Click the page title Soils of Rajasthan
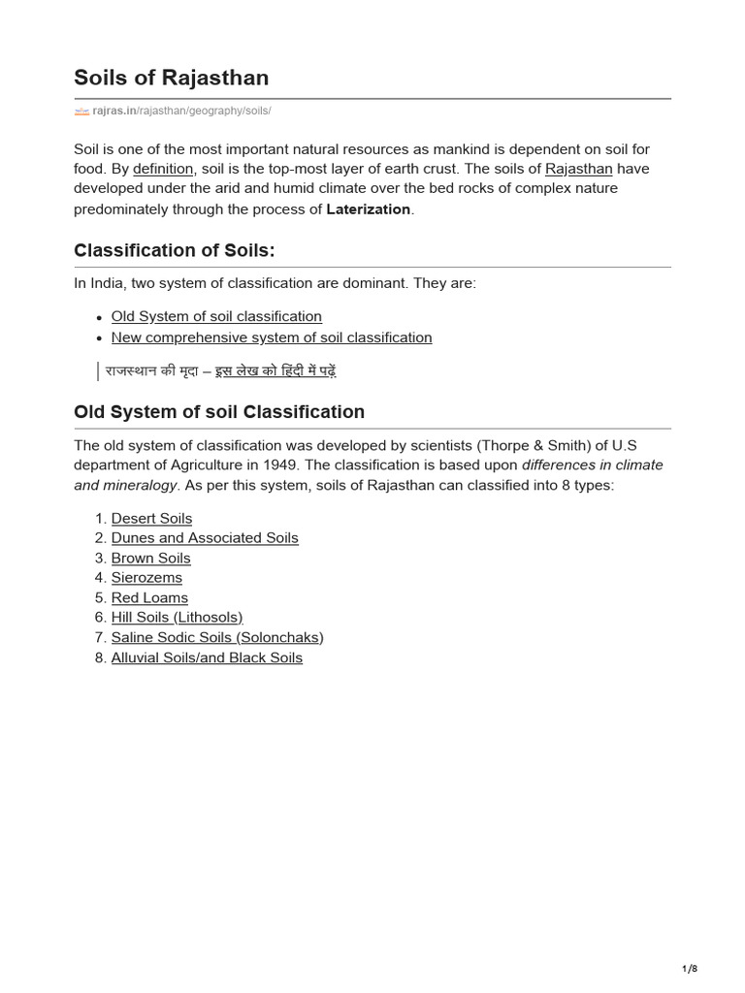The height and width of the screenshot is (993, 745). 172,78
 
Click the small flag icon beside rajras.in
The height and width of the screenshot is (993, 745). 81,112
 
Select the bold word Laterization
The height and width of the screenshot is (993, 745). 369,209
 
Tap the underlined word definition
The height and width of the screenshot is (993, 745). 164,169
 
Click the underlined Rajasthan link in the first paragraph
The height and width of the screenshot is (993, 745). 579,169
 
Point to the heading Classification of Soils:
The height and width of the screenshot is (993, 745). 175,250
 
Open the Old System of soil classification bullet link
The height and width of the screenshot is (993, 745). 216,316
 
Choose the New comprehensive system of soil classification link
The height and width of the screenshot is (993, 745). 272,337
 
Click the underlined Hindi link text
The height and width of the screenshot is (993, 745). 275,370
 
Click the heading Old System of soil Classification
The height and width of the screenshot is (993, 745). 219,412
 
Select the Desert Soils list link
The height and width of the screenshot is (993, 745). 151,519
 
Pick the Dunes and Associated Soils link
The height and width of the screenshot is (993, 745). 205,538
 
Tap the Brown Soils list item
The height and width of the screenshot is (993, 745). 150,559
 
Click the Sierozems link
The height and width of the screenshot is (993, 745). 146,578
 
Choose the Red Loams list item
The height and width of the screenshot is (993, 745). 149,598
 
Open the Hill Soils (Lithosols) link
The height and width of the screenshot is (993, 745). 177,618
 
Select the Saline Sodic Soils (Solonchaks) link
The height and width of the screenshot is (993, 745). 217,638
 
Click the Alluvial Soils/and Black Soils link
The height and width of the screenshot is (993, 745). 207,657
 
